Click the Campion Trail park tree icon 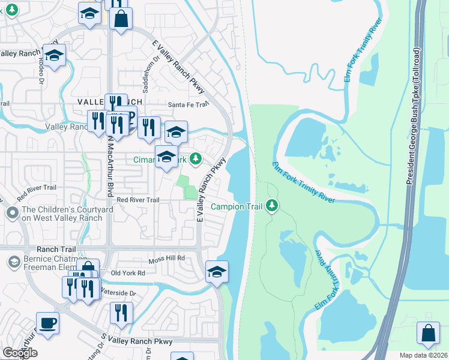tap(273, 206)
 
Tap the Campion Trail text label tap(237, 206)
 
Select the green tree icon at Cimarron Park tap(195, 159)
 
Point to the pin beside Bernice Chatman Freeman tap(13, 262)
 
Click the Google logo tap(20, 353)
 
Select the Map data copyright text tap(424, 355)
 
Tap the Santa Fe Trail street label tap(188, 104)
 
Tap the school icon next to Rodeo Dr tap(55, 56)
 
